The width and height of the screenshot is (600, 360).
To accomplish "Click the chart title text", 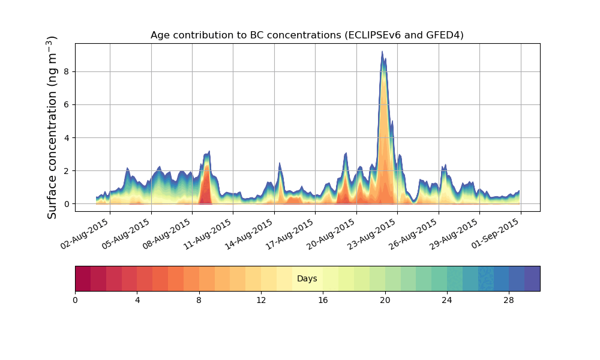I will [307, 35].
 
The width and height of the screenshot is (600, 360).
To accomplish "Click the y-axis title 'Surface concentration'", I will [52, 127].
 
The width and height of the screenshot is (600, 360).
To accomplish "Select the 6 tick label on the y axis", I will [67, 104].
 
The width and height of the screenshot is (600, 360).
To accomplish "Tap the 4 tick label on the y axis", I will [67, 137].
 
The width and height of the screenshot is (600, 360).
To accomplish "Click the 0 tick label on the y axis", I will [67, 204].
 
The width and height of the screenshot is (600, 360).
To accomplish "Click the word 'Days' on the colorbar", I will [307, 279].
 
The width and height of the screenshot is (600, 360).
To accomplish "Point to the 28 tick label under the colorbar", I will [509, 300].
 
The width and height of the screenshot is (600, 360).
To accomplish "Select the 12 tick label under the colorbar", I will [261, 300].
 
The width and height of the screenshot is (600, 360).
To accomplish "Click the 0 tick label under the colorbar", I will [76, 300].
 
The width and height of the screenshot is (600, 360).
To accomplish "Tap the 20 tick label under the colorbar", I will [385, 300].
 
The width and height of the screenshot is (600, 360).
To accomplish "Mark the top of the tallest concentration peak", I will [382, 52].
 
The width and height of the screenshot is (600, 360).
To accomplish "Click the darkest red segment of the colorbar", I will [83, 278].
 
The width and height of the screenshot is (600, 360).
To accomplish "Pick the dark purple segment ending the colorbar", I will [532, 278].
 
